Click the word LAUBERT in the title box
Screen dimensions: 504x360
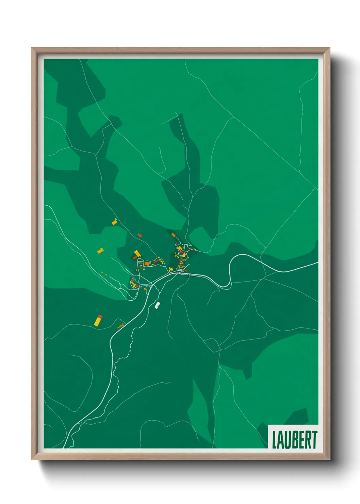(294, 440)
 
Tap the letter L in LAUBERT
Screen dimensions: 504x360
(275, 440)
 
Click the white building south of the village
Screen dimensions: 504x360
(157, 305)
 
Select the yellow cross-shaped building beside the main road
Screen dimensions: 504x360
(170, 270)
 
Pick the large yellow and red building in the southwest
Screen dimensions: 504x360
(98, 320)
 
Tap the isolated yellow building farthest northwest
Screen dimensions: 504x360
(114, 222)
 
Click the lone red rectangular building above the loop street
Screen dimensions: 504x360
(140, 235)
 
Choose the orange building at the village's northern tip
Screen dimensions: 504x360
(173, 235)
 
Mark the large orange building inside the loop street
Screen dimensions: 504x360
(147, 263)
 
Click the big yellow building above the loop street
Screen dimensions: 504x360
(137, 253)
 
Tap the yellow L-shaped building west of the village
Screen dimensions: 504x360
(100, 251)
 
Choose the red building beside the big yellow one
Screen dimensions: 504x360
(135, 257)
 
